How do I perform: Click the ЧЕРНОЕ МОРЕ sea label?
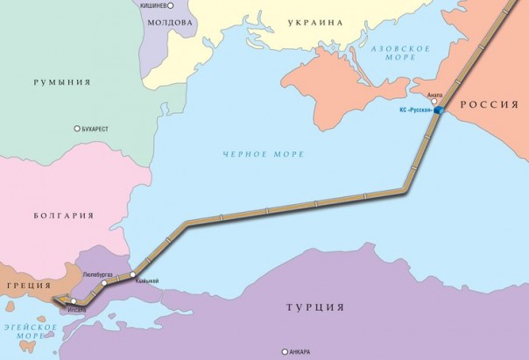tap(263, 154)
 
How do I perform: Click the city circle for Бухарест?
tap(76, 128)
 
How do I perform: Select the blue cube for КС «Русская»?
tap(438, 111)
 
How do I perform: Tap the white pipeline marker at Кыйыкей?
tap(132, 275)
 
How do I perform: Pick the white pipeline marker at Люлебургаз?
tap(104, 283)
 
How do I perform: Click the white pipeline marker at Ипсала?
tap(74, 301)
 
